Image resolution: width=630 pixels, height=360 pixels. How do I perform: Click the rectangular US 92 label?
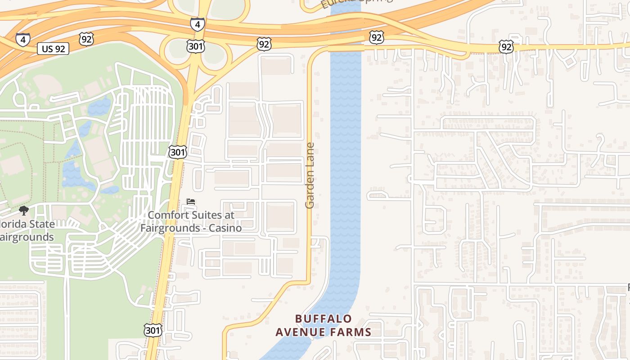53,49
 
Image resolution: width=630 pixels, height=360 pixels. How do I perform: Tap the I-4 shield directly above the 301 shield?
197,24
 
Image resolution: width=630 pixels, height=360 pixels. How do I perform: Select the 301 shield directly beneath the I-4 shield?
196,46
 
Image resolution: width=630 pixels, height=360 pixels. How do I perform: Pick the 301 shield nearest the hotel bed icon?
177,152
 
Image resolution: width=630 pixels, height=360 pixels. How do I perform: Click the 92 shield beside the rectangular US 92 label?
86,40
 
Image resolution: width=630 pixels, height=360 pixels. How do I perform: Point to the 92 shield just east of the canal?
376,36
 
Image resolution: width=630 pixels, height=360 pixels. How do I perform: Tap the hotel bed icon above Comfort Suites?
191,202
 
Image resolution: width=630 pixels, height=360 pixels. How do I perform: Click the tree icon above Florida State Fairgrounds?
23,211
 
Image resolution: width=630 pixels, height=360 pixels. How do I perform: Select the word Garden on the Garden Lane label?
310,189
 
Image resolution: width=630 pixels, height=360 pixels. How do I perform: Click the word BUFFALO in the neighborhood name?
324,319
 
